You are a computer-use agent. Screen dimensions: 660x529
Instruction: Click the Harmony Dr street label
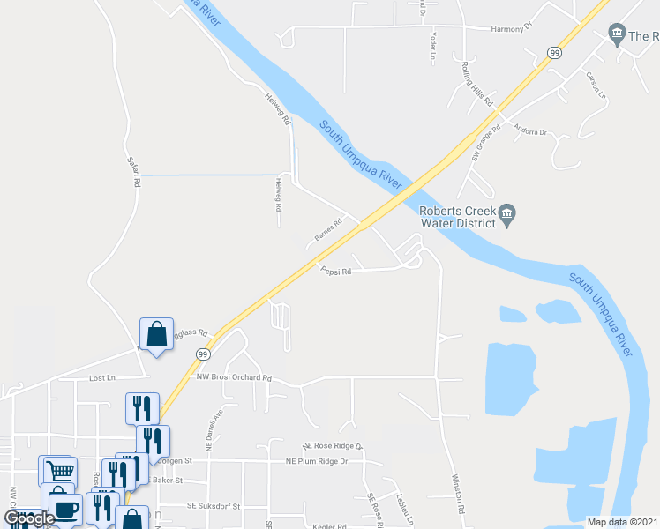(514, 28)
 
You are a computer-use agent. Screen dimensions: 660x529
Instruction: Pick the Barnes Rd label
(327, 232)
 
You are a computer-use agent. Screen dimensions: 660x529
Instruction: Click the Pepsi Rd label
(336, 272)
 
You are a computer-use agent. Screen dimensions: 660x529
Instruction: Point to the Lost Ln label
(102, 377)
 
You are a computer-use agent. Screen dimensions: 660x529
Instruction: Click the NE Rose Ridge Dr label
(332, 446)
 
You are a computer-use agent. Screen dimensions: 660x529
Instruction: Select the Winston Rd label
(459, 494)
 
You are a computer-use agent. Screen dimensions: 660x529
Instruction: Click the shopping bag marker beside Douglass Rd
(156, 335)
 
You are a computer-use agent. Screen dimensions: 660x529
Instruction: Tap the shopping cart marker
(59, 471)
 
